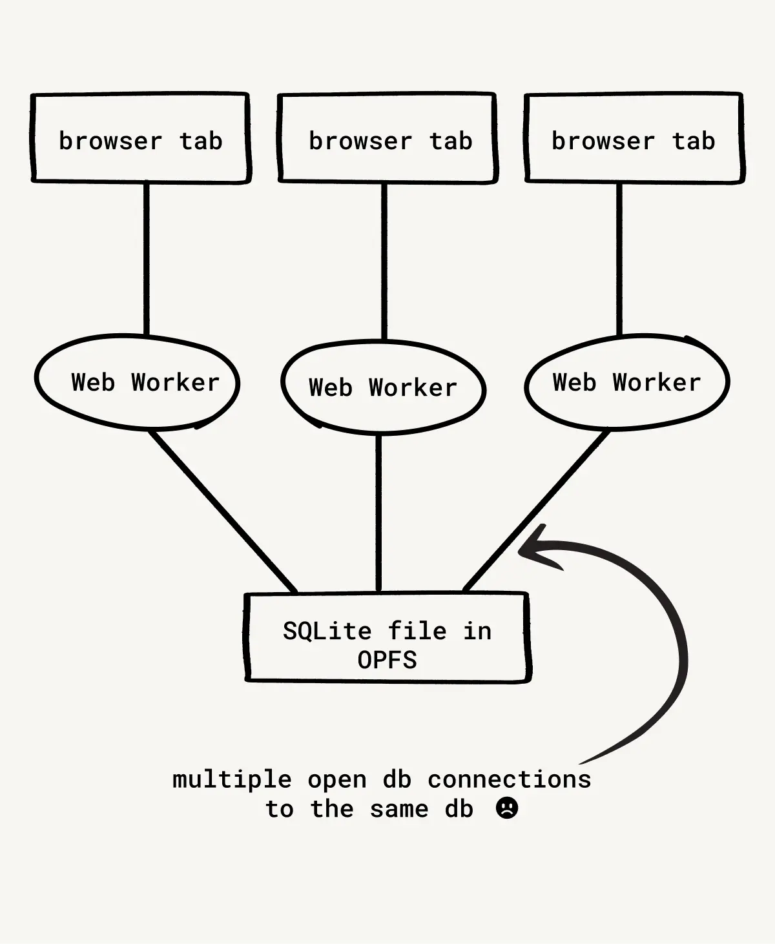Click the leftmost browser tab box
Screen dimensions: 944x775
pos(140,138)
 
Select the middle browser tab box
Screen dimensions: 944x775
pos(387,138)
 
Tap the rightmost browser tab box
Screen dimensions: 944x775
pos(634,138)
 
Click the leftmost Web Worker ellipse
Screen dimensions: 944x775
pos(138,382)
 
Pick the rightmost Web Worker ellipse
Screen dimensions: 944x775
pos(626,382)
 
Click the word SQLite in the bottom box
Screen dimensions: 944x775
pos(327,631)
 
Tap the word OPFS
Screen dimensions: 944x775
pos(387,660)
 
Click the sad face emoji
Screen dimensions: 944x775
pos(507,808)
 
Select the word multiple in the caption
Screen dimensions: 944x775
pos(231,779)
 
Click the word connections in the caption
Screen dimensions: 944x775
pos(509,779)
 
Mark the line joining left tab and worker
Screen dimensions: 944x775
pos(146,258)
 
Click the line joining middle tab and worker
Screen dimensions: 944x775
pos(384,262)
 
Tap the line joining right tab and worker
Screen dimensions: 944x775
pos(619,258)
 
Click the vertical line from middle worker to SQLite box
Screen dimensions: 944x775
pos(378,513)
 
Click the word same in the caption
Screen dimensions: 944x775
pos(399,808)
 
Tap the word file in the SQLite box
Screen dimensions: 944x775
pos(417,631)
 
